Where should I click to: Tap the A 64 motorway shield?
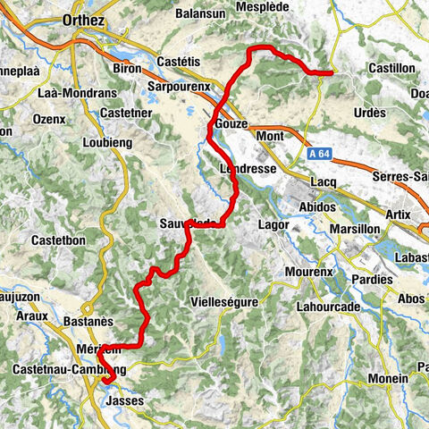tap(314, 156)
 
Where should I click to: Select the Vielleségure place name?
tap(225, 303)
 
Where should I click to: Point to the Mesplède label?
tap(260, 6)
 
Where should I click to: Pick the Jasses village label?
tap(125, 403)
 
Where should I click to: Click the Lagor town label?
tap(272, 225)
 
